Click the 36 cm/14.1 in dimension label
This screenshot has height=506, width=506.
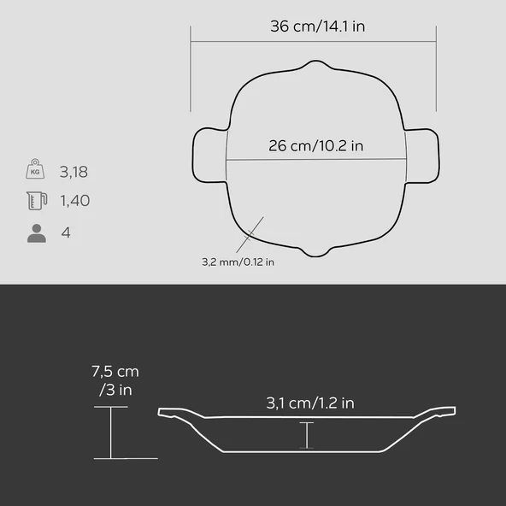tap(318, 26)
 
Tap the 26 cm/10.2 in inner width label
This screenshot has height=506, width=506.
tap(316, 146)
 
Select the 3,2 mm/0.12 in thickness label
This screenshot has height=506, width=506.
tap(238, 262)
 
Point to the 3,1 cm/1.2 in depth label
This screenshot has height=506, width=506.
tap(310, 403)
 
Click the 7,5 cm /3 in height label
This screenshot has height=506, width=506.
tap(115, 381)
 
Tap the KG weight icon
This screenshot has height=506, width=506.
tap(35, 168)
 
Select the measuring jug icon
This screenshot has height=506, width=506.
tap(37, 200)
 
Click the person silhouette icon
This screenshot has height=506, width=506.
tap(37, 233)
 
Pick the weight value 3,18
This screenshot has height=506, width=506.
tap(74, 172)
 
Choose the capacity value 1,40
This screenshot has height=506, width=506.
tap(75, 200)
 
